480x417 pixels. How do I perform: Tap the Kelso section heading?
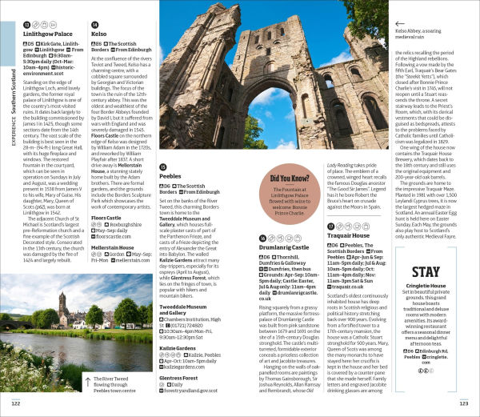[100, 35]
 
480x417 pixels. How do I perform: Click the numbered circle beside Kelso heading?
[96, 24]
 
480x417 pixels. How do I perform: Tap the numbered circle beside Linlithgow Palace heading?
[27, 24]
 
